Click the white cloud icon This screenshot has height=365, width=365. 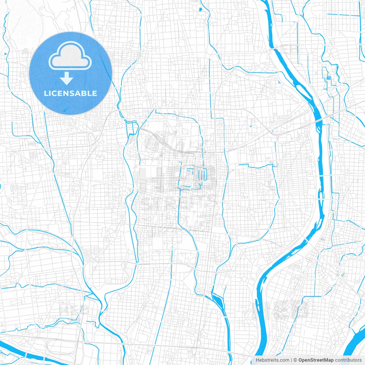(70, 56)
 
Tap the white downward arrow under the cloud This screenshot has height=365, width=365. (67, 78)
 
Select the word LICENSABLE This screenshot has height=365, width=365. (70, 93)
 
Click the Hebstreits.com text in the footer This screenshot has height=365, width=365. (272, 360)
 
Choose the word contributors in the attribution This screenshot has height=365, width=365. (348, 360)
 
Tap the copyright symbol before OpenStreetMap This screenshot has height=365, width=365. (295, 360)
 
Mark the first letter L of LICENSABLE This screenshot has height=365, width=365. (46, 93)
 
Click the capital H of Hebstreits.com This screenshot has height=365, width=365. (257, 360)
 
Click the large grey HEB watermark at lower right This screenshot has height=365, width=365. (281, 309)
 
